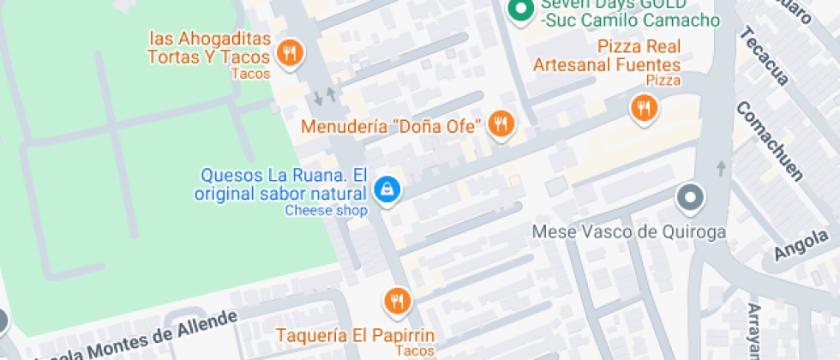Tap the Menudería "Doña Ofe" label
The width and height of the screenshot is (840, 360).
coord(391,127)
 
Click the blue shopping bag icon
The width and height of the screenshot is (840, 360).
coord(387,189)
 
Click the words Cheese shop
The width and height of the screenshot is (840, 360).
coord(326,211)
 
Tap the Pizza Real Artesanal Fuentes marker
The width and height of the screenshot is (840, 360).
coord(644,107)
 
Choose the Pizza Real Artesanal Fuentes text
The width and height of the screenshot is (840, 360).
coord(607,55)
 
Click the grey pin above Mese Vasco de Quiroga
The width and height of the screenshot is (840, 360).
coord(690,199)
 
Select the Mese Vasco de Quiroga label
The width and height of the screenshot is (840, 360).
coord(629,232)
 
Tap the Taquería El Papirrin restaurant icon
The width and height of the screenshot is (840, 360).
coord(397,300)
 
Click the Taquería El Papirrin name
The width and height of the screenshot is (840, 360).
coord(355,334)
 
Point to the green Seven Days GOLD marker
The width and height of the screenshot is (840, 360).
coord(519,10)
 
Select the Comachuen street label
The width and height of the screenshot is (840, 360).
coord(769,141)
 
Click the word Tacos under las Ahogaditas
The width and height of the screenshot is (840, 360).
coord(250,74)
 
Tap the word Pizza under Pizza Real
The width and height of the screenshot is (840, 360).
coord(663,81)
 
